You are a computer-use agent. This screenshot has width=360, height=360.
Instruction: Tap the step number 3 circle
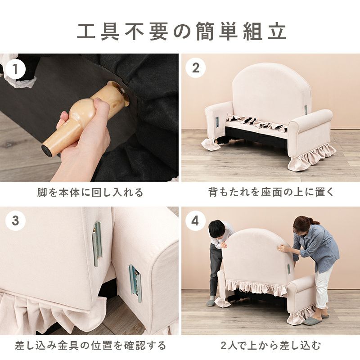click(16, 221)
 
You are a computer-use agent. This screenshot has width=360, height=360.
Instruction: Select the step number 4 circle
click(196, 221)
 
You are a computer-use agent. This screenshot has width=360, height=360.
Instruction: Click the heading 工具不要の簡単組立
click(180, 31)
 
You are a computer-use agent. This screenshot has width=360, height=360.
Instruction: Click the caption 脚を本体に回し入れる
click(90, 193)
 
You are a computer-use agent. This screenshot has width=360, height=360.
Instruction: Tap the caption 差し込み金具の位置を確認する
click(90, 346)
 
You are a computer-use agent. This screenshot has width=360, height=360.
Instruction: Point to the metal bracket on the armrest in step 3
click(135, 282)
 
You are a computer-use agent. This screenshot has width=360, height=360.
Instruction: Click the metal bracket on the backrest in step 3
click(97, 243)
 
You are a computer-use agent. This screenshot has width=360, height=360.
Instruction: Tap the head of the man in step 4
click(216, 228)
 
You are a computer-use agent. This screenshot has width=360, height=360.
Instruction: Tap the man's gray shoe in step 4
click(211, 303)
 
